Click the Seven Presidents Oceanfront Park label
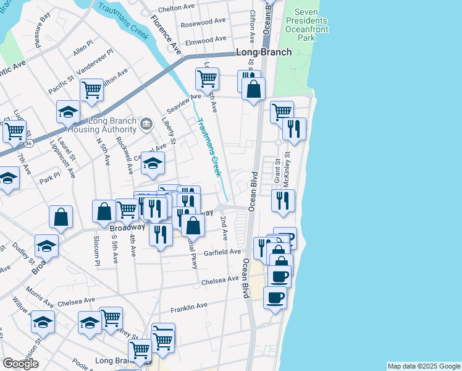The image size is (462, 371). pos(306,25)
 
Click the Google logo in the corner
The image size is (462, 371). pos(20,364)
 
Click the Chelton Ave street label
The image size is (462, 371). pos(177,8)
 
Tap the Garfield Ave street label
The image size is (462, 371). pos(226,252)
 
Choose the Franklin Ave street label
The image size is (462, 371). pos(189,307)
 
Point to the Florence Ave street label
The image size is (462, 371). pos(165,38)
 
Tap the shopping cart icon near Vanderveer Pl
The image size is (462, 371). pos(91,89)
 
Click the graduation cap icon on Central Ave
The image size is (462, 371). pos(153,163)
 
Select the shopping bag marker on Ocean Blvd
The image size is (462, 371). pos(253,90)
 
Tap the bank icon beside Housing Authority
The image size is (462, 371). pos(146,124)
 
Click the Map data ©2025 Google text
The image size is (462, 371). pos(424,366)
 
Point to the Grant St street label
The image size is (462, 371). pos(278,173)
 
